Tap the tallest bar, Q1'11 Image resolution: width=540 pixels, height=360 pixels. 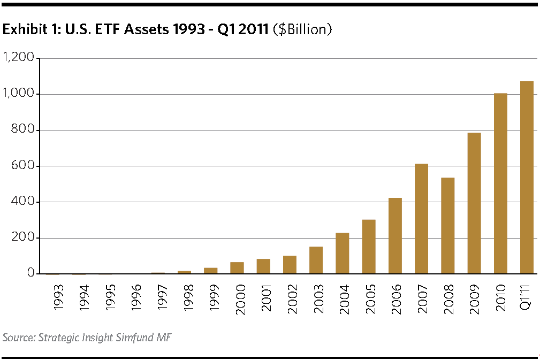527,178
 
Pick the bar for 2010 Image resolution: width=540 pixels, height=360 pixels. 500,183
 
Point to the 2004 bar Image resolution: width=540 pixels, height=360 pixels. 343,254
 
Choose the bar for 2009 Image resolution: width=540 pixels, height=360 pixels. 474,203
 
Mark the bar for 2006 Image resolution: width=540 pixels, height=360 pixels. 395,236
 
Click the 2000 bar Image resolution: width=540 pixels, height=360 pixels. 237,268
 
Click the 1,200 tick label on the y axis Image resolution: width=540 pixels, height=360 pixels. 19,58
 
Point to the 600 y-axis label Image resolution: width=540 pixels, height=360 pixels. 24,166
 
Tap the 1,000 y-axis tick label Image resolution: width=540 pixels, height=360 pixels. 19,94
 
